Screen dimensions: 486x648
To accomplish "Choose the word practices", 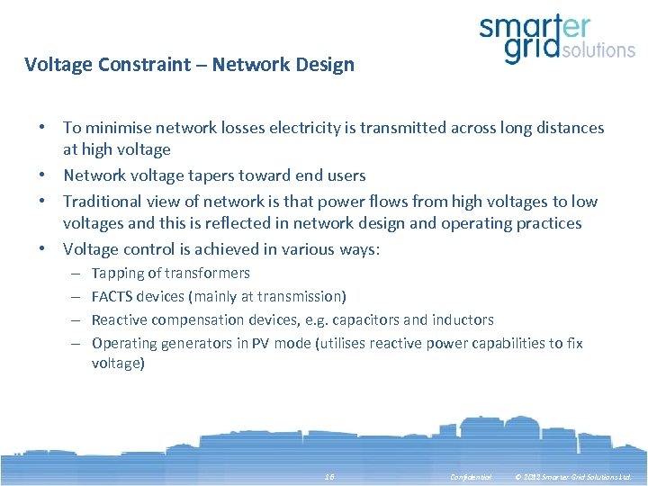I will [547, 223].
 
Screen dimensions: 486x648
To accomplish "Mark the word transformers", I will [208, 274].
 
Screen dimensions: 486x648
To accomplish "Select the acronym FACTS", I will [113, 296].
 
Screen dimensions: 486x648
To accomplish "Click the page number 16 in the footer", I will [329, 476].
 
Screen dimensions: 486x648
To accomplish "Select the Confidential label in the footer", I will [471, 476].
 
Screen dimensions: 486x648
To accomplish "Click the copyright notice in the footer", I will [573, 476].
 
